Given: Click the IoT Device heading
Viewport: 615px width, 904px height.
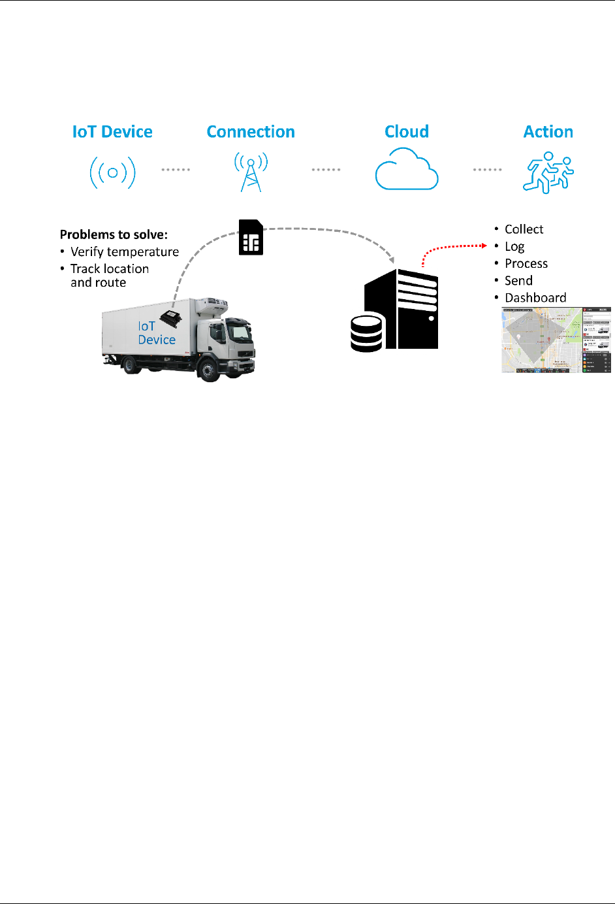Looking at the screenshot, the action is coord(112,132).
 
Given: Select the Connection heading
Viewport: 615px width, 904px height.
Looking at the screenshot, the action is coord(251,132).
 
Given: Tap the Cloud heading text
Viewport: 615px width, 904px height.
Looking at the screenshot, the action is coord(407,132).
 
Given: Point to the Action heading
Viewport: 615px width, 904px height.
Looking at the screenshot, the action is coord(548,132).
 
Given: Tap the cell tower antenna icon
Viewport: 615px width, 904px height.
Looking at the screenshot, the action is coord(251,172).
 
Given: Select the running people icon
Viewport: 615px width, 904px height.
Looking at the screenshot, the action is coord(548,172).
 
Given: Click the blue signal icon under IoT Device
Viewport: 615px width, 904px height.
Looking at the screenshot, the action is coord(112,172).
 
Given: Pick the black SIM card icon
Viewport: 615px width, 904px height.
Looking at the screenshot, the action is coord(251,237).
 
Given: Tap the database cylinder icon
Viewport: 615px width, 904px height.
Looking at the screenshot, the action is coord(366,333).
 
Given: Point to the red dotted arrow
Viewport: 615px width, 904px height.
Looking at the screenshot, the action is coord(450,248).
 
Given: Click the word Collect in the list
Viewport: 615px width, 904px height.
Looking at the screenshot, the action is coord(524,229).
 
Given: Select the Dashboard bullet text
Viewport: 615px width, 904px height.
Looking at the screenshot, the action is coord(535,298).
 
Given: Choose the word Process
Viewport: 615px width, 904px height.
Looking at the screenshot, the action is coord(526,264).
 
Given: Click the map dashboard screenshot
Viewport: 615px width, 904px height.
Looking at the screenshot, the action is coord(556,340).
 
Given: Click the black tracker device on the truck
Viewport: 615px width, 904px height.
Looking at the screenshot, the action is coord(171,318).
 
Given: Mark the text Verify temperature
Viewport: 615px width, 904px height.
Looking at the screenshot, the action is coord(125,252).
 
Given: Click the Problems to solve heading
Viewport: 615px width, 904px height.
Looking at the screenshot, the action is coord(114,234).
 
